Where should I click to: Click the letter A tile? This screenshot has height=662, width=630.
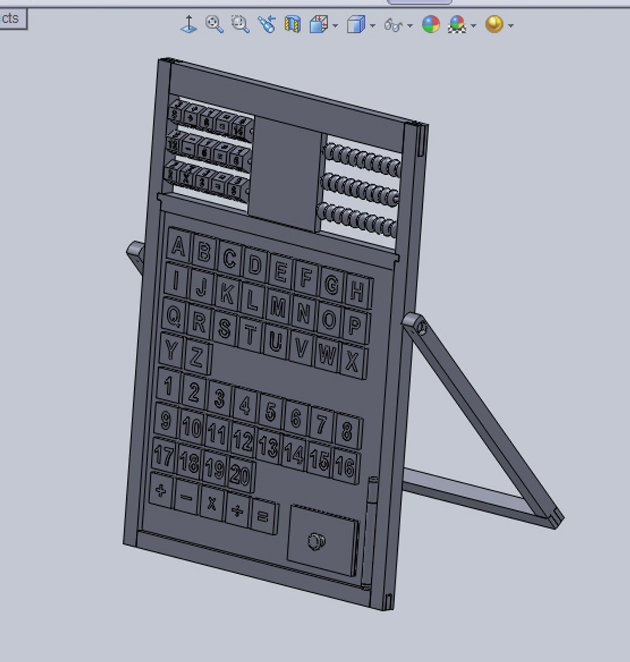178,246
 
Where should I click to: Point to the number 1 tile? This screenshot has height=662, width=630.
169,386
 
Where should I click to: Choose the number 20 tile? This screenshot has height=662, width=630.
241,474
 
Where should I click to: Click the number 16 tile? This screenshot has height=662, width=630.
344,467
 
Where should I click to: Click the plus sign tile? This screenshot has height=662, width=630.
161,490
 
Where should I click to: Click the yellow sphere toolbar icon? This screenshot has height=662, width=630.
494,25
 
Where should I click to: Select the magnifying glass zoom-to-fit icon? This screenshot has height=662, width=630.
214,25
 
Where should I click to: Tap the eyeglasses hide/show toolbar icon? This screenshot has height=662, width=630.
393,25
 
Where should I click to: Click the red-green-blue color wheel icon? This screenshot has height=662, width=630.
431,25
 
